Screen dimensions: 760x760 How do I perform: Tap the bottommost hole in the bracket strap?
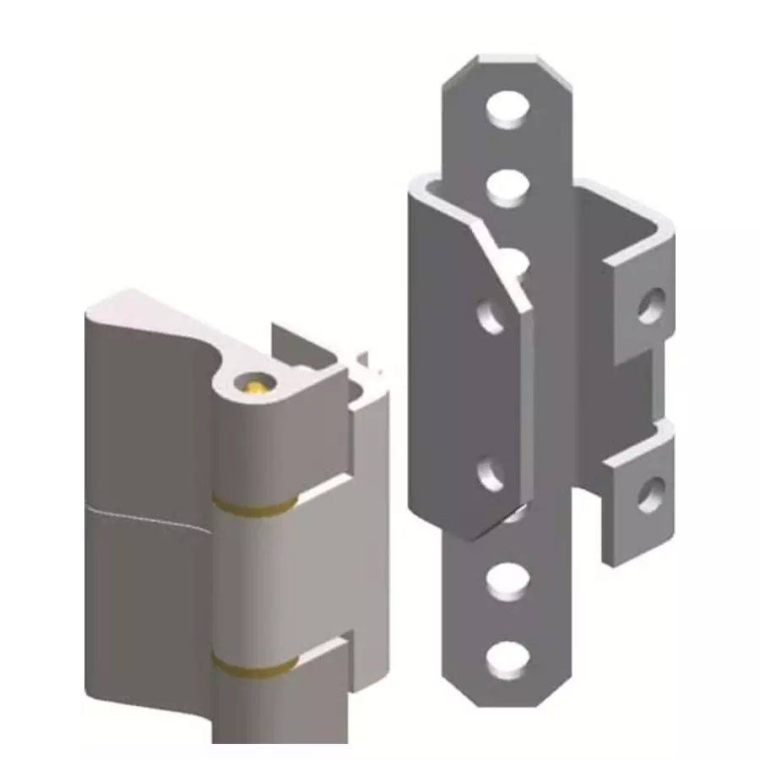pos(508,658)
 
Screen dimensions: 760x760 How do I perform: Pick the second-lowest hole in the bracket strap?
pos(508,580)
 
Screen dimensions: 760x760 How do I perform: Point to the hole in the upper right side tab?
pos(649,306)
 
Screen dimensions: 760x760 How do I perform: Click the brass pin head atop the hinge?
pos(256,386)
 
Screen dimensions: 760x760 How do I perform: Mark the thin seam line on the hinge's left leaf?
pos(148,510)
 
